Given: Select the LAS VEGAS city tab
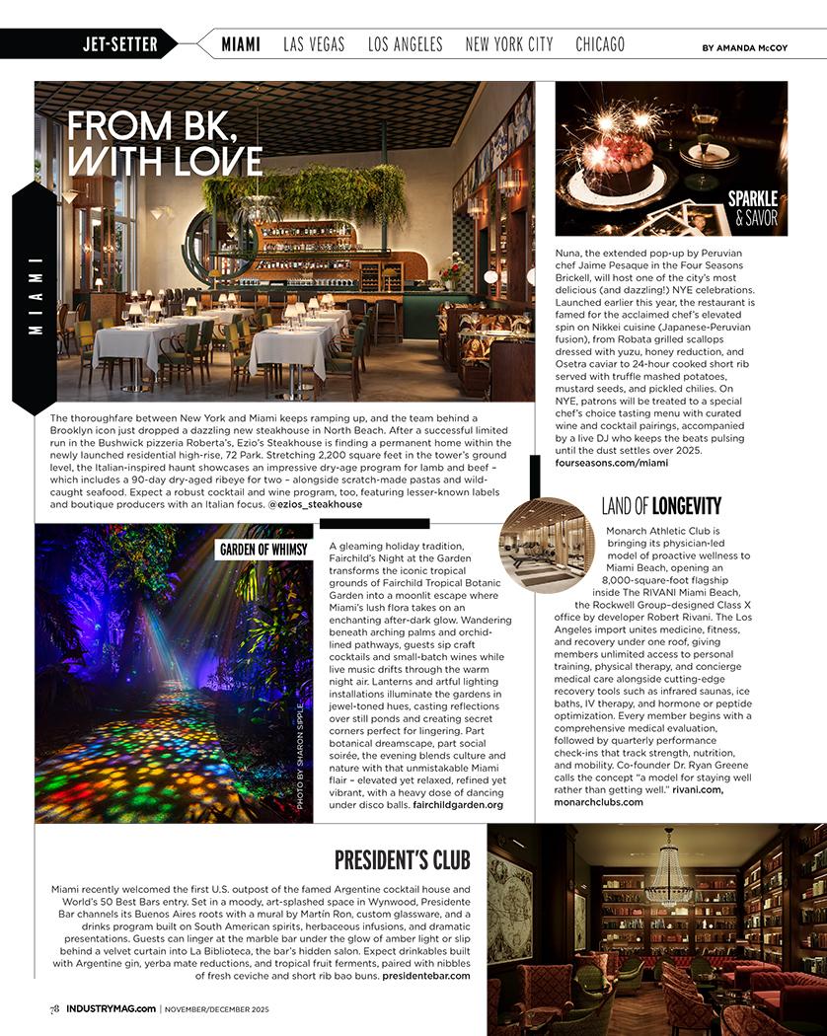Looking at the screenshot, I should pos(314,44).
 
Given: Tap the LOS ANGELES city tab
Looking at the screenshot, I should pos(405,44).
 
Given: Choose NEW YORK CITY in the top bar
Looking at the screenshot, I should pos(509,44).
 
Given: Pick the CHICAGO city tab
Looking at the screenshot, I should pos(600,44).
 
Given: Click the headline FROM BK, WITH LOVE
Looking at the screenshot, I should pos(165,143).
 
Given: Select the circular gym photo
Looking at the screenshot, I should pos(546,546).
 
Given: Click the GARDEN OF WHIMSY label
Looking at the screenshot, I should pos(263,550).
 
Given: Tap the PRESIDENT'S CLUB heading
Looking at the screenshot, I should pos(402,859).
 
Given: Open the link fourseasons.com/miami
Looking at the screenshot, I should pos(612,462).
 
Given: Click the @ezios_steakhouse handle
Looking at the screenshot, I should pos(315,504).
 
